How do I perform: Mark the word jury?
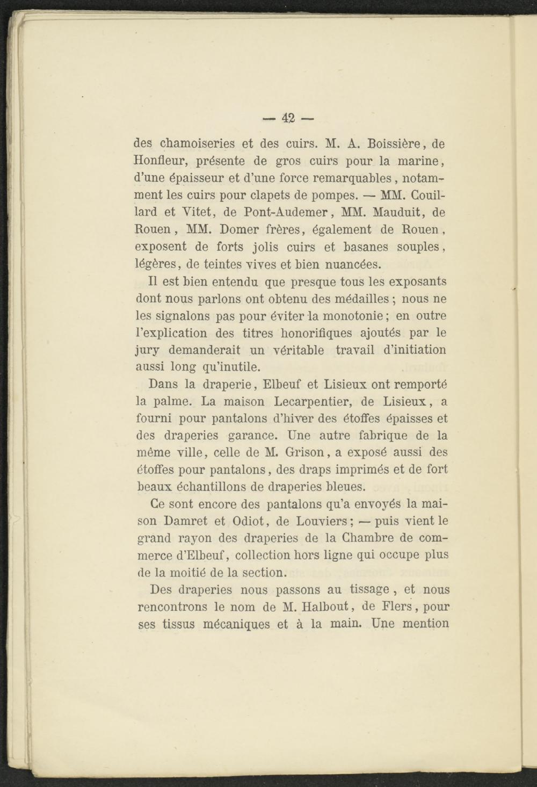click(x=147, y=350)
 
